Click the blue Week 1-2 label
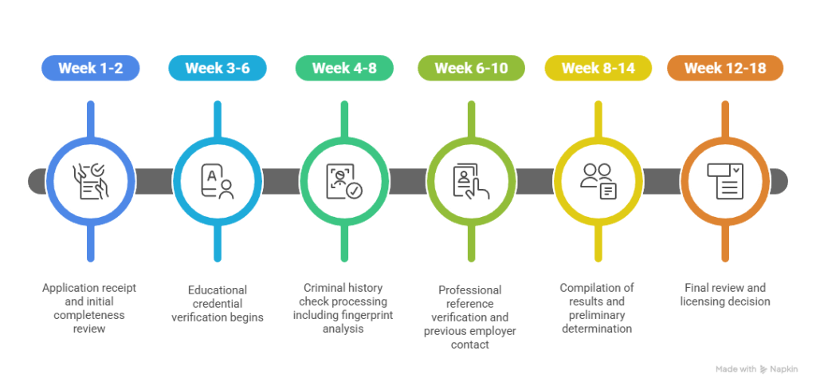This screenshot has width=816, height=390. coord(90,68)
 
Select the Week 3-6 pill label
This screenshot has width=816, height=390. coord(218,68)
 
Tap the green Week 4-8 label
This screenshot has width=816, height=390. coord(344,68)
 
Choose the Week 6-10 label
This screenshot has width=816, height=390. coord(471,68)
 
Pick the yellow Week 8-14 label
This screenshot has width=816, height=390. coord(598,68)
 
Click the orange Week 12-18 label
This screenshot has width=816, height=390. coord(725,68)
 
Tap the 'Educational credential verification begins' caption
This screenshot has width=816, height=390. coord(218,302)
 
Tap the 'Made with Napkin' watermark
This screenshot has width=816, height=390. coord(756,369)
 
